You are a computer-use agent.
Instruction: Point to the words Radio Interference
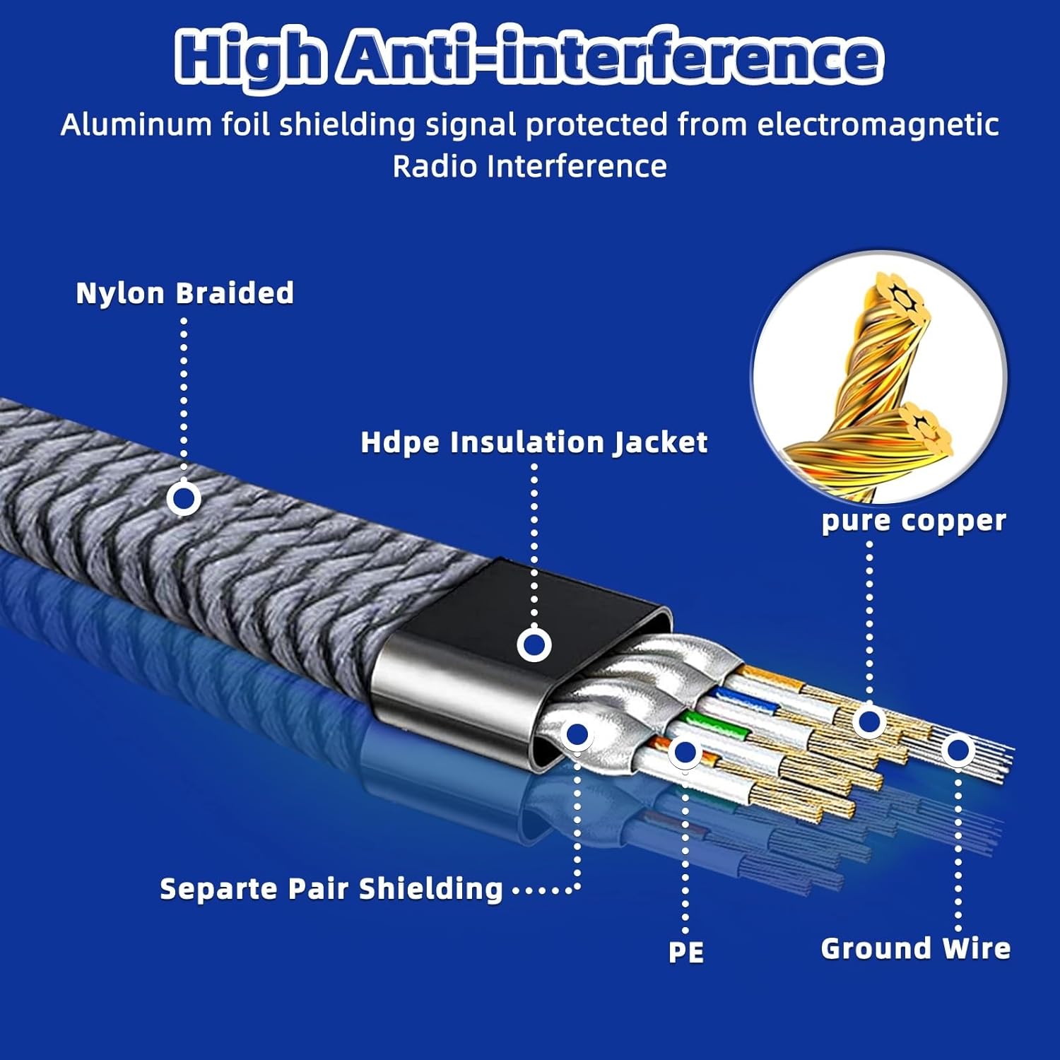(529, 167)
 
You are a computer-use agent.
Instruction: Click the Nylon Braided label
(184, 293)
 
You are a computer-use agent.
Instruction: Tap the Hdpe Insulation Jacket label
(534, 442)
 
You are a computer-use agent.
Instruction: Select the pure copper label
(914, 522)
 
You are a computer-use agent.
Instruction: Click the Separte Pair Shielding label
(331, 889)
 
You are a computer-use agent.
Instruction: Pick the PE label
(686, 952)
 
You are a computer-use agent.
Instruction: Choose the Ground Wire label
(915, 948)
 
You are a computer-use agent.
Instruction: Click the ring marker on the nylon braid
(184, 499)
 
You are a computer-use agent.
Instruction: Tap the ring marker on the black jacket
(534, 644)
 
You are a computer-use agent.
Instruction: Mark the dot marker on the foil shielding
(577, 735)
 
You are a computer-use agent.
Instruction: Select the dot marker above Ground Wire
(958, 750)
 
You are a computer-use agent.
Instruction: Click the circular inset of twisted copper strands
(880, 378)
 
